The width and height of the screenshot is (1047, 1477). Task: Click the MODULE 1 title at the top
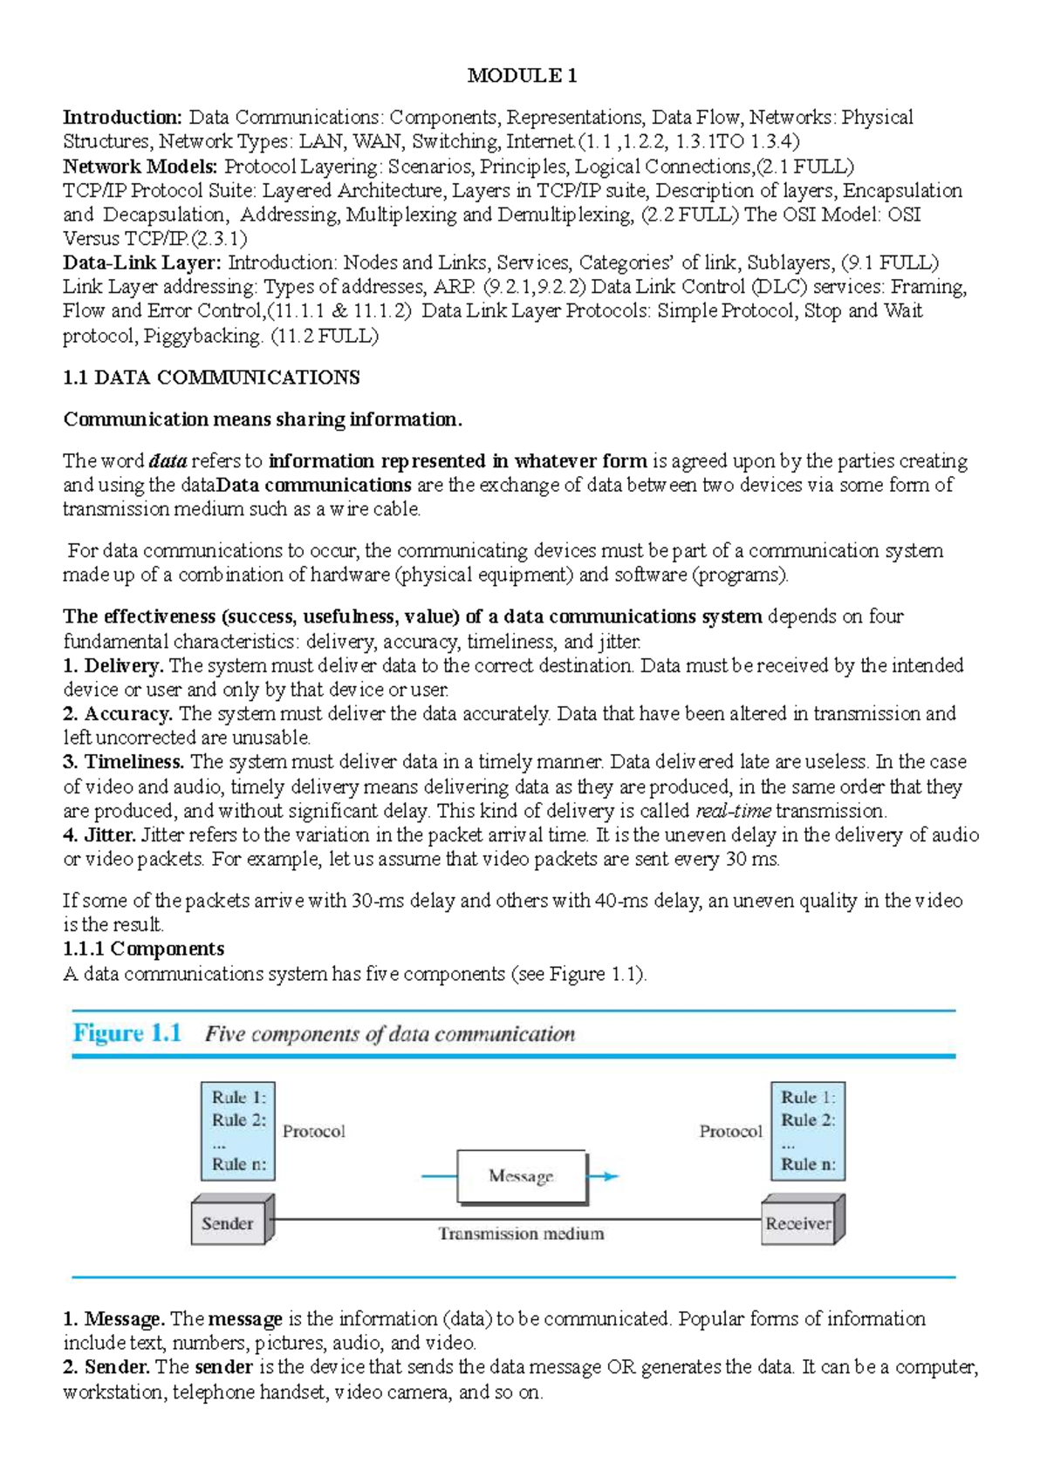tap(522, 76)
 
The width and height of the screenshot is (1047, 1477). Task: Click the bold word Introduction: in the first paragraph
tap(122, 118)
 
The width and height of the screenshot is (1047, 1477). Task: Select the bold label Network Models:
tap(140, 167)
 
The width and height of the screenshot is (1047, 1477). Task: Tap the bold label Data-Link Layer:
tap(142, 262)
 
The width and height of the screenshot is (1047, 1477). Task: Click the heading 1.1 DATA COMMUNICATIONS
tap(211, 378)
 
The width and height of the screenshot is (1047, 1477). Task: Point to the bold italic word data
tap(168, 461)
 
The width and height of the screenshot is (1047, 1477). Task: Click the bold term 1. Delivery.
tap(113, 666)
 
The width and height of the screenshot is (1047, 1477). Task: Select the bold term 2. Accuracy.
tap(117, 714)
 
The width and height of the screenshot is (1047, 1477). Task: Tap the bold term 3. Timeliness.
tap(123, 762)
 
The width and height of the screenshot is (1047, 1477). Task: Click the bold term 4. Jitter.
tap(99, 835)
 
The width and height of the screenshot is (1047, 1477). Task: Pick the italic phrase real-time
tap(733, 811)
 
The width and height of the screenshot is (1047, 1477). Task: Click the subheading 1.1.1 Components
tap(143, 949)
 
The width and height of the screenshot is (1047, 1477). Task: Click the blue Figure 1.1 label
tap(127, 1033)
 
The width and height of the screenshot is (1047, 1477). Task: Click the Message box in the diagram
tap(521, 1176)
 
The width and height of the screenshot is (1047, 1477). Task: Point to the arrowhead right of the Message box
tap(611, 1176)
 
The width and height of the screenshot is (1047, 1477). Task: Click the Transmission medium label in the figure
tap(521, 1234)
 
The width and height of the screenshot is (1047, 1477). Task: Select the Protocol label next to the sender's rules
tap(313, 1132)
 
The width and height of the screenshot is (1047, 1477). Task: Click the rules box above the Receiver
tap(808, 1130)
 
